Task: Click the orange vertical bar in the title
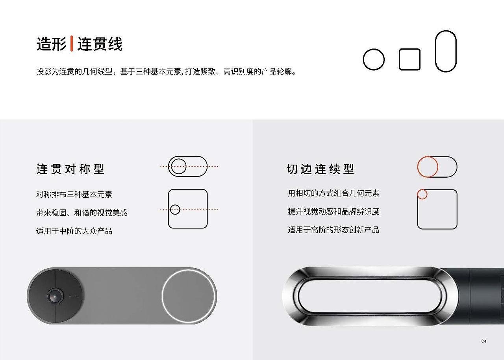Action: pos(72,43)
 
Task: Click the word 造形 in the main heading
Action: pos(52,44)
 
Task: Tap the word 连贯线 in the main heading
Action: pos(100,44)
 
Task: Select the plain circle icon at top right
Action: pos(373,60)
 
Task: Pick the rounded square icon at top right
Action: pos(409,59)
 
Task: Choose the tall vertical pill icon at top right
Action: pos(446,51)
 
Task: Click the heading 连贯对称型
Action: pos(70,169)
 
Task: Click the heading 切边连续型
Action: pos(321,169)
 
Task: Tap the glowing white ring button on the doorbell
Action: pos(189,296)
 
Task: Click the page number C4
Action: pos(484,341)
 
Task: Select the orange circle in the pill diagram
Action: pos(427,167)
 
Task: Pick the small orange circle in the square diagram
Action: pos(422,194)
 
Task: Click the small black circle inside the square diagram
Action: pos(175,210)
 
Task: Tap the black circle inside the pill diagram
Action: pos(179,166)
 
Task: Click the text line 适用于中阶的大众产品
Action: pos(74,231)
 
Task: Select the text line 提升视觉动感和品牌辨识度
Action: pos(334,212)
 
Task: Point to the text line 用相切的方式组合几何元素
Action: pos(334,193)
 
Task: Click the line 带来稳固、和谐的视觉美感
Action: pos(82,213)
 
